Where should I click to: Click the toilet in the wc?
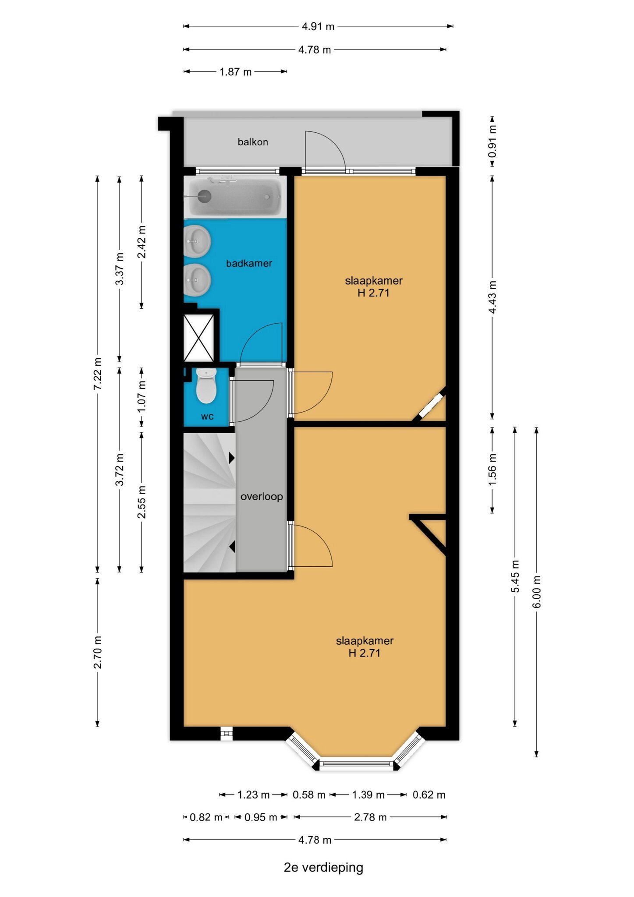click(x=206, y=385)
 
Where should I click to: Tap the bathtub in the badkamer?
click(x=235, y=197)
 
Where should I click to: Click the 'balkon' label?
click(x=253, y=142)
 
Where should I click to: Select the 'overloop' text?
click(x=262, y=497)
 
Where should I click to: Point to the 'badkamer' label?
click(x=249, y=263)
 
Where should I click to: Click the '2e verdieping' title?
click(x=323, y=867)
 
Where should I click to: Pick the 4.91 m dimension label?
click(x=318, y=26)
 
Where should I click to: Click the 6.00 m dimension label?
click(x=537, y=592)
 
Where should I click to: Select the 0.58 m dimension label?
click(x=309, y=795)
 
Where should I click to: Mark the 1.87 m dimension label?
click(x=236, y=71)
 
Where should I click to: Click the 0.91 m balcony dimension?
click(x=492, y=141)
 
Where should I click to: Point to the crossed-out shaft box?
click(x=199, y=338)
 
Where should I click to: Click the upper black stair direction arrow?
click(x=232, y=458)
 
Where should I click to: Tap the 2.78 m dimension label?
click(x=371, y=817)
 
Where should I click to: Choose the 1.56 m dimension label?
click(x=492, y=469)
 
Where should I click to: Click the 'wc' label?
click(x=207, y=417)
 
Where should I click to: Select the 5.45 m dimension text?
click(x=515, y=576)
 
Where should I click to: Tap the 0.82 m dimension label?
click(x=206, y=817)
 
